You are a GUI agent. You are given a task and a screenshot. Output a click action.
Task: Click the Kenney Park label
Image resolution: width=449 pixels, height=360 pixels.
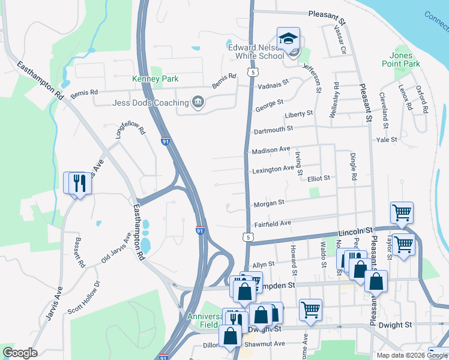(x=155, y=79)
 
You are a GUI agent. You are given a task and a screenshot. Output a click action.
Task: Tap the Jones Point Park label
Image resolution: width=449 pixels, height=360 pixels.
(x=400, y=59)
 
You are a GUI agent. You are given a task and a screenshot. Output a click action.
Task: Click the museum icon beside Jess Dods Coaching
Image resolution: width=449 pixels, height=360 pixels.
(x=197, y=103)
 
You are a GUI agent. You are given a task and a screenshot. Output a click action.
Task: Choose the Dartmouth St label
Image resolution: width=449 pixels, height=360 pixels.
(x=273, y=129)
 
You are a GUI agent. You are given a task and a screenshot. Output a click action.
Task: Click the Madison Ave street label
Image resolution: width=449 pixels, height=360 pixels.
(x=271, y=149)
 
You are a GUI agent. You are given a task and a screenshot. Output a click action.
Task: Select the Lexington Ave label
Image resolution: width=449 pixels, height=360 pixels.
(x=273, y=169)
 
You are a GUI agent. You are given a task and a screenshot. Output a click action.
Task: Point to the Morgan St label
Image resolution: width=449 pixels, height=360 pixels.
(x=269, y=203)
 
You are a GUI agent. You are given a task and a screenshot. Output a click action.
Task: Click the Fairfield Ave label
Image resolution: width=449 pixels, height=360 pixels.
(x=273, y=223)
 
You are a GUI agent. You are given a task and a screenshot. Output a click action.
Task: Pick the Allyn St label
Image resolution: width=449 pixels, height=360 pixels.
(x=263, y=264)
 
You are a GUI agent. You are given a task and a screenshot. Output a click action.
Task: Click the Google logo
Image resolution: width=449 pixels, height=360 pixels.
(x=19, y=353)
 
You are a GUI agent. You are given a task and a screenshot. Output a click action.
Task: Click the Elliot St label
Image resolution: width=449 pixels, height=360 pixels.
(x=319, y=178)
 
